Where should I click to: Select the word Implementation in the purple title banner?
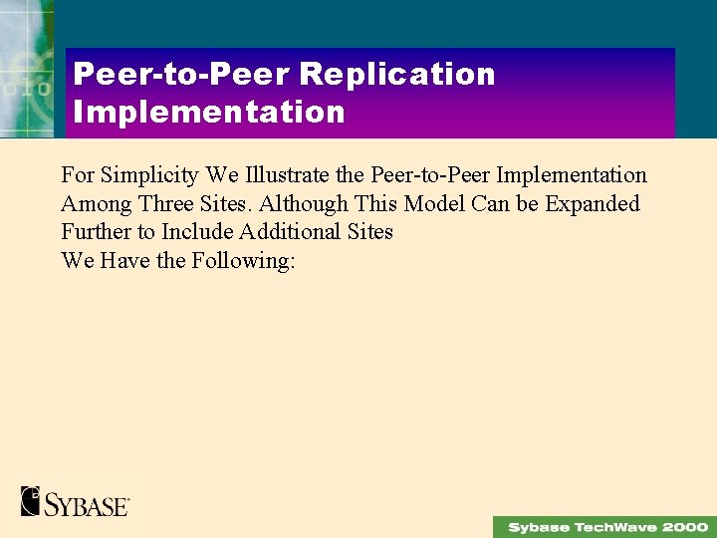209,112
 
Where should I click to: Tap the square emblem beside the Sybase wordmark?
31,501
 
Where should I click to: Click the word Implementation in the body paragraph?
571,175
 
